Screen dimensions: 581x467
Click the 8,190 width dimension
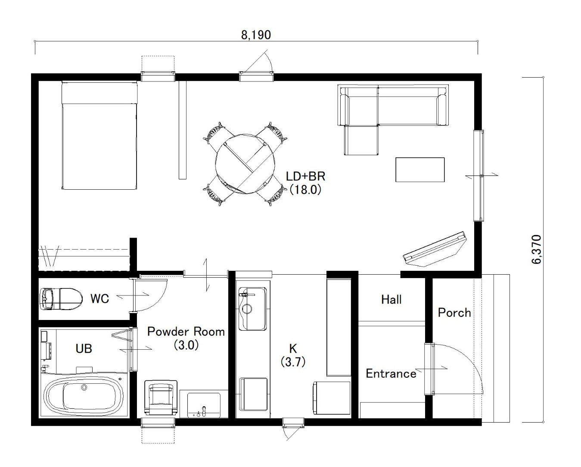click(x=256, y=35)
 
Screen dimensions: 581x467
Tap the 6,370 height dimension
click(x=536, y=249)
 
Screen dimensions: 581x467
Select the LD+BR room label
click(x=305, y=176)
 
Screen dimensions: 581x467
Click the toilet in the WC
click(x=61, y=299)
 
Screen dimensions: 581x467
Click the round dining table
click(x=245, y=163)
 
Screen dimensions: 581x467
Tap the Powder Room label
click(x=186, y=332)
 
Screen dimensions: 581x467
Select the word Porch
click(x=454, y=313)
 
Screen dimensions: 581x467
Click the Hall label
click(x=391, y=300)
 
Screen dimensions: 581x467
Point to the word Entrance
click(x=391, y=374)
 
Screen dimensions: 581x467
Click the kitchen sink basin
click(x=253, y=309)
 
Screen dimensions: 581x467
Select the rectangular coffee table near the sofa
click(x=420, y=169)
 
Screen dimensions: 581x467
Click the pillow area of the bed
click(x=99, y=92)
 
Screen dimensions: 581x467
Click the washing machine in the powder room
click(x=161, y=398)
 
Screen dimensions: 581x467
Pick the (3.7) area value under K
click(x=293, y=362)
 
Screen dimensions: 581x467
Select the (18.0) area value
click(x=305, y=190)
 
